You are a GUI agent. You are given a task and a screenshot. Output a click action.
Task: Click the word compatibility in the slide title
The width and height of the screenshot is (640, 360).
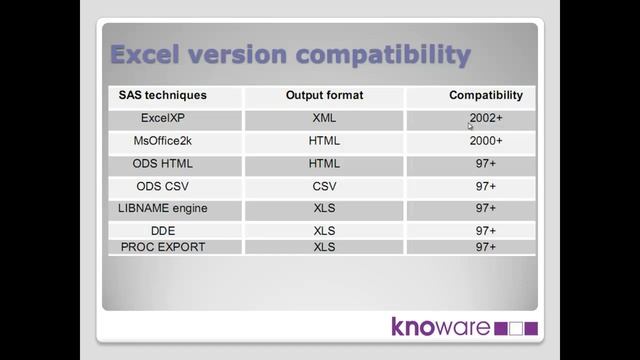(x=386, y=55)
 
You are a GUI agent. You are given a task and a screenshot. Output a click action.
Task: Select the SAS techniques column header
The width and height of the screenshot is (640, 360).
(x=163, y=96)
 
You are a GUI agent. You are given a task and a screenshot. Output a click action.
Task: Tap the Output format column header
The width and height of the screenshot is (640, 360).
(x=324, y=96)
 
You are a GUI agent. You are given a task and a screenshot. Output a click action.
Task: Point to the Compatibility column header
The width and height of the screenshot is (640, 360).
(x=486, y=96)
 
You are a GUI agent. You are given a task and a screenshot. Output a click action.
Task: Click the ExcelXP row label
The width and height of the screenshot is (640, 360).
(x=163, y=118)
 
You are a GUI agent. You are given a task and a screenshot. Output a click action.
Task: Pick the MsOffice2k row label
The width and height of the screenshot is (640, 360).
(x=163, y=141)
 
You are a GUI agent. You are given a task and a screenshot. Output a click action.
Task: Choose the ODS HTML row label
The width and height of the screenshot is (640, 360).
(x=163, y=163)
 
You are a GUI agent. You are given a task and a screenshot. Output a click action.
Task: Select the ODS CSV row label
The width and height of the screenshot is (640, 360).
(x=163, y=186)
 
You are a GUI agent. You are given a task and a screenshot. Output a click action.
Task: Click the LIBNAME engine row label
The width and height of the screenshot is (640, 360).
(x=163, y=208)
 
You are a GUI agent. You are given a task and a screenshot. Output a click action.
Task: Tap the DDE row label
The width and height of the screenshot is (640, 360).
(x=163, y=231)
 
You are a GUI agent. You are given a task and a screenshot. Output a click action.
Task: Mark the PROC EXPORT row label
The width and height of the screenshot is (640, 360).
(x=163, y=246)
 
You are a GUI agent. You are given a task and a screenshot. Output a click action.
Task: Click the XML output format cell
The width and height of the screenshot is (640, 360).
(x=324, y=118)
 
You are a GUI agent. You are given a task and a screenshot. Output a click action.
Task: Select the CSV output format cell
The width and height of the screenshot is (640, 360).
(x=324, y=186)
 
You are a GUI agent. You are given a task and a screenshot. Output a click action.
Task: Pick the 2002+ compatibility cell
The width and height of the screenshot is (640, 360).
(x=486, y=118)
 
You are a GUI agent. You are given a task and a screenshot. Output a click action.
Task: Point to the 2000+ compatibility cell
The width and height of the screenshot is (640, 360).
(x=486, y=141)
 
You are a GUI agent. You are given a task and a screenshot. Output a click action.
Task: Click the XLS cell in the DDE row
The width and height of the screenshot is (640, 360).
(x=324, y=231)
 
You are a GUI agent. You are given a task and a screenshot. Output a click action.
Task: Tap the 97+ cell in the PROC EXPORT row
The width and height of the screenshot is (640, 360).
(x=486, y=246)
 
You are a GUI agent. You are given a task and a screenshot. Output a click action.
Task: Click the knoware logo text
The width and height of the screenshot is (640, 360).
(x=440, y=327)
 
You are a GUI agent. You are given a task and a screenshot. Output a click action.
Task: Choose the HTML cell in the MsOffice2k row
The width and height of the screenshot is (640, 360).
(x=324, y=141)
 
